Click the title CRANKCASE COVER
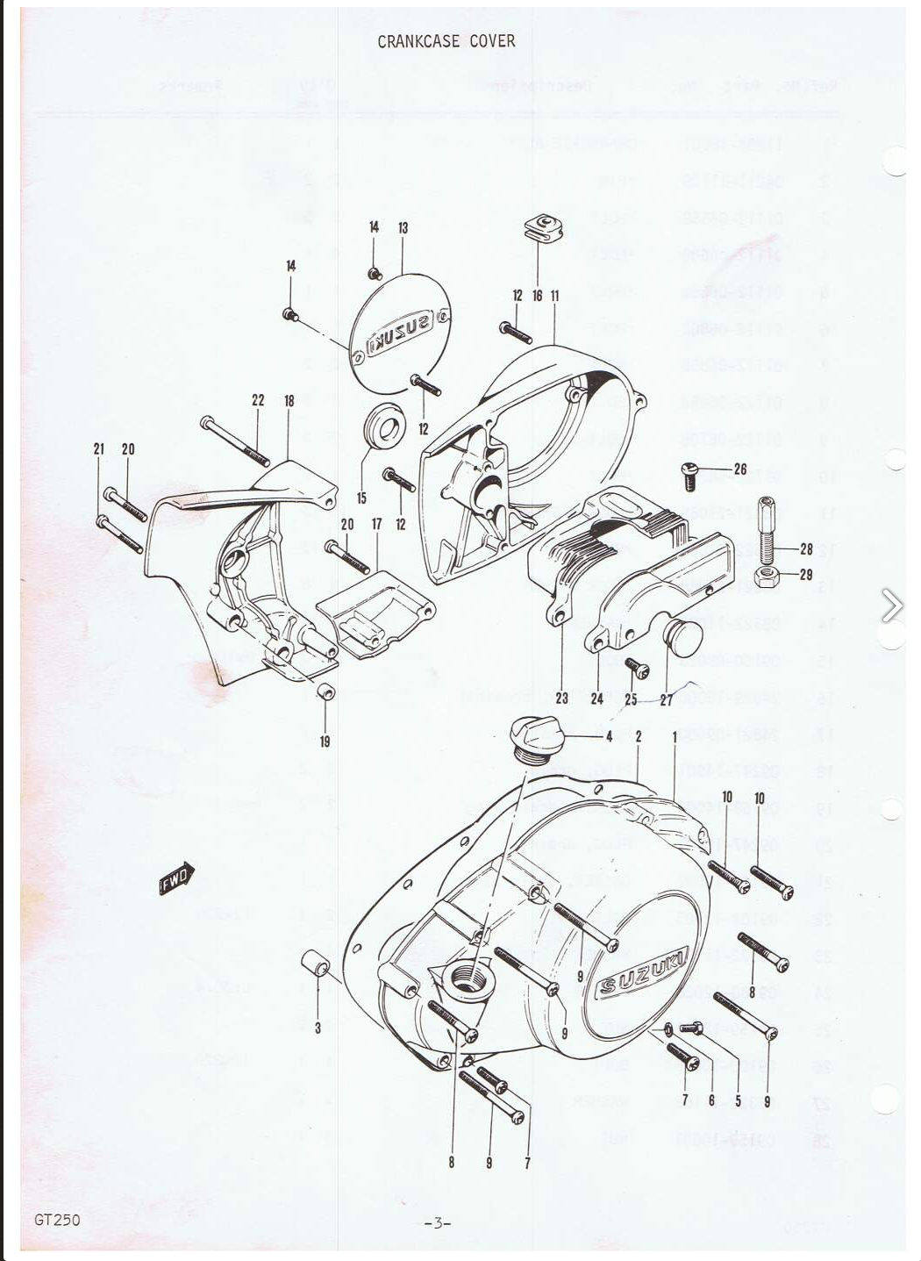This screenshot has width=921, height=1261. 446,41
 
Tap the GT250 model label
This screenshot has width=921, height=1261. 57,1219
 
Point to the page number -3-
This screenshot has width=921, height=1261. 436,1222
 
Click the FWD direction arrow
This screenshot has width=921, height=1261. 176,880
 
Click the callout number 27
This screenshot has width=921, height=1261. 666,699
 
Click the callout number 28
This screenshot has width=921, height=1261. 806,549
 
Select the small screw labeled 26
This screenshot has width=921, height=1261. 689,475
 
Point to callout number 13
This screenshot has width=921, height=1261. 403,228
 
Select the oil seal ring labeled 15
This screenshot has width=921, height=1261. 383,426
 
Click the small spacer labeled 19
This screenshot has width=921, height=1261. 325,691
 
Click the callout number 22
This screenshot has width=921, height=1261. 258,400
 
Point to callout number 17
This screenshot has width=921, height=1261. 376,524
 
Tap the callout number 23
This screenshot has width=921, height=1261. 561,699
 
